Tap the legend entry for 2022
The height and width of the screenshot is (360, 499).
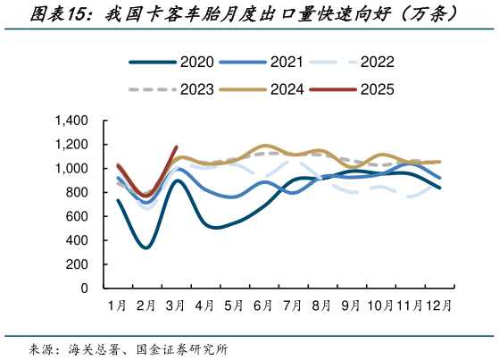tap(375, 63)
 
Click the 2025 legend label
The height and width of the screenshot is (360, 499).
tap(375, 89)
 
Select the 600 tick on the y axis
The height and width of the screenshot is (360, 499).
tap(77, 217)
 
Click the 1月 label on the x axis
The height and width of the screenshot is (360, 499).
tap(117, 306)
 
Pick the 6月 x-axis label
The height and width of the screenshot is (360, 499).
tap(263, 306)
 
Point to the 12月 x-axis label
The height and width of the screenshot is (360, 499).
tap(438, 306)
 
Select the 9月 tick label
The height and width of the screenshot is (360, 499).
tap(351, 306)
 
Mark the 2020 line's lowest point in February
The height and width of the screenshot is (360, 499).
tap(146, 247)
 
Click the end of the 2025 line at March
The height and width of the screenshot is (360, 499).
tap(177, 147)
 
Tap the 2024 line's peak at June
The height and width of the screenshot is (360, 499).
tap(264, 146)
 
